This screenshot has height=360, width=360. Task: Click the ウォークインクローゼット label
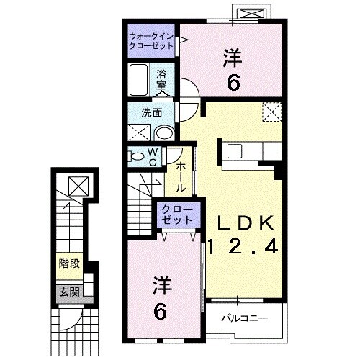[x=151, y=40]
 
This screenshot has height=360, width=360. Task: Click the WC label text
[x=153, y=156]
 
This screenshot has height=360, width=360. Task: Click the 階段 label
[x=69, y=264]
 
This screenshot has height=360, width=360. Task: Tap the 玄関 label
[x=69, y=292]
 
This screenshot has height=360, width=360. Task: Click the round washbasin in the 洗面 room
[x=163, y=132]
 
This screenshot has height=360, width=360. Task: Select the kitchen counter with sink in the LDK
[x=248, y=151]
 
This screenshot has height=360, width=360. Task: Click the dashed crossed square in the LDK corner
[x=272, y=112]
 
